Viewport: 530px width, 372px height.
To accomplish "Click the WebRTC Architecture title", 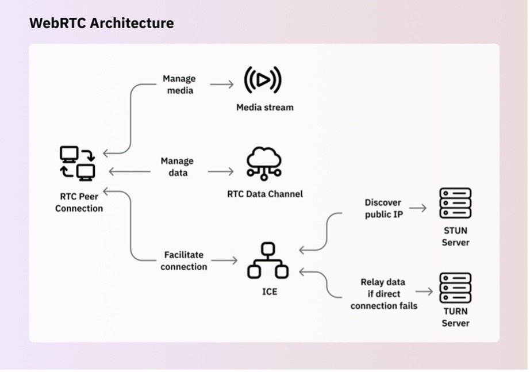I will coord(101,23).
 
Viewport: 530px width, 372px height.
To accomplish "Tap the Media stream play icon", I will coord(263,80).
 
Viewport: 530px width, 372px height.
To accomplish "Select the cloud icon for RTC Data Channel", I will coord(264,163).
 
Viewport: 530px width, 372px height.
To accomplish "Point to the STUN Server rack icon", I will coord(455,203).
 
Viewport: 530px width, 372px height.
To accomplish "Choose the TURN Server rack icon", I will coord(455,287).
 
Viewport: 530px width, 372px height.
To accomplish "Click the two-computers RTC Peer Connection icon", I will coord(78,163).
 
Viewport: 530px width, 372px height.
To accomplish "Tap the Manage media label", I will coord(179,85).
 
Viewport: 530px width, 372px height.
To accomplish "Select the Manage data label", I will coord(177,167).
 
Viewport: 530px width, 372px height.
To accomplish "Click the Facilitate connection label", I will coord(183,260).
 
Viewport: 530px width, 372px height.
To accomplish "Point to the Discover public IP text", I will coord(383,209).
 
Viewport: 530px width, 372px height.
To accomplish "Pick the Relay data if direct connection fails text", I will coord(383,294).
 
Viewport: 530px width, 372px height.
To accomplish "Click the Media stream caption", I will coord(264,107).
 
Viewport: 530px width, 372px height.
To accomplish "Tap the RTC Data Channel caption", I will coord(264,194).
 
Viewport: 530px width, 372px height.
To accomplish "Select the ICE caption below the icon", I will coord(269,292).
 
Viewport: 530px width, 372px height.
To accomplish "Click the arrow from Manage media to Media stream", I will coord(221,85).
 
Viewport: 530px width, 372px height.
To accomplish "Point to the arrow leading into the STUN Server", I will coord(418,208).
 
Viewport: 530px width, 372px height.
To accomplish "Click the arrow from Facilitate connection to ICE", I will coord(224,260).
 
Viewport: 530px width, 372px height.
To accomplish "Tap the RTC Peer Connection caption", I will coord(79,202).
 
